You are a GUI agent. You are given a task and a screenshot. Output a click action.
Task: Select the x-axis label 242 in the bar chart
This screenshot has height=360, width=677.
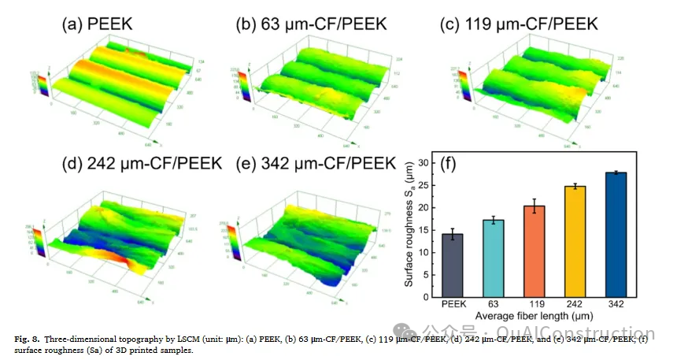click(x=575, y=304)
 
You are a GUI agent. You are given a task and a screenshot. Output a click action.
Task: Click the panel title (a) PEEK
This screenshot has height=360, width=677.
click(x=96, y=24)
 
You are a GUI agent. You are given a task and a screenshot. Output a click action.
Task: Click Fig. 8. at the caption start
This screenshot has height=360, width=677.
click(x=29, y=339)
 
